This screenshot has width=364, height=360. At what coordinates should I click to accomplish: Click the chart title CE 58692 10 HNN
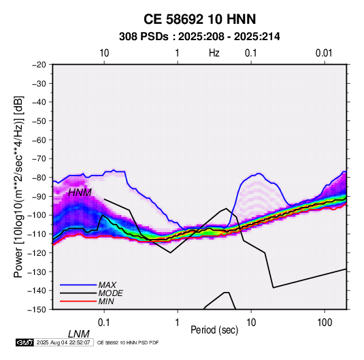click(199, 19)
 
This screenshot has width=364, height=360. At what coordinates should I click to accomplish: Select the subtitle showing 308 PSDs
click(199, 37)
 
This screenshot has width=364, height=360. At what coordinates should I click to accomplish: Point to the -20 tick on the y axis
click(39, 65)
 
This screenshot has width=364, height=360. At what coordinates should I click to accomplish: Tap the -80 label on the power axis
click(39, 178)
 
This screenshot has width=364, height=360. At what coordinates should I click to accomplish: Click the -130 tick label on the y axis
click(37, 272)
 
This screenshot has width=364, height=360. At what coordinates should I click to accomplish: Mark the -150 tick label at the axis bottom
click(37, 310)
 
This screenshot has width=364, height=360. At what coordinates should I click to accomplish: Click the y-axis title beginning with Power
click(18, 187)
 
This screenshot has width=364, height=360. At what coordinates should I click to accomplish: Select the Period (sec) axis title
click(214, 330)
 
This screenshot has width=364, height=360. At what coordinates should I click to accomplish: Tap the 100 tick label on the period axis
click(325, 323)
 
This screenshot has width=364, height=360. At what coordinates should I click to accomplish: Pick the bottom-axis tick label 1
click(178, 323)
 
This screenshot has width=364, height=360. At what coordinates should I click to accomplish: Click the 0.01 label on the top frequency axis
click(324, 53)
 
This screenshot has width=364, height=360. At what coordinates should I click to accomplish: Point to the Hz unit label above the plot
click(214, 53)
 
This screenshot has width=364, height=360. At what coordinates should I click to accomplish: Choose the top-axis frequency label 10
click(104, 53)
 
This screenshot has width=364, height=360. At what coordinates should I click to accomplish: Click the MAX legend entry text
click(107, 285)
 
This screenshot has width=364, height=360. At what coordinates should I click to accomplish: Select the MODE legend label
click(110, 293)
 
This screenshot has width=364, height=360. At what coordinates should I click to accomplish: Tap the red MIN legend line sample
click(78, 301)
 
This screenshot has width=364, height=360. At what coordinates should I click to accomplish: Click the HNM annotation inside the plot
click(80, 193)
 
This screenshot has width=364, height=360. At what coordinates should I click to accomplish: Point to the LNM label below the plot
click(78, 334)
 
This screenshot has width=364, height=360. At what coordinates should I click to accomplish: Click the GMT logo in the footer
click(24, 342)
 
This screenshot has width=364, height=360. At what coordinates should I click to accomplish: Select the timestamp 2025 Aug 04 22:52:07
click(63, 342)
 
